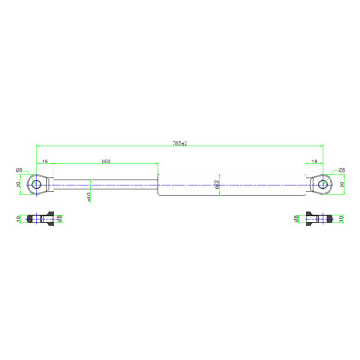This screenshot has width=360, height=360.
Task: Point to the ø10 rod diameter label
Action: point(89,196)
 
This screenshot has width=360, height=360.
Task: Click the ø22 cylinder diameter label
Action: point(217,185)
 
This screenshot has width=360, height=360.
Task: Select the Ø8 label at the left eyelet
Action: point(18,171)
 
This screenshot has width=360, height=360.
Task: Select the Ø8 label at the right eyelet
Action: point(342,171)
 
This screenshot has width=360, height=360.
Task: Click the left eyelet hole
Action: point(37,184)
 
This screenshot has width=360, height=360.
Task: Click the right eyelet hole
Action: point(323,184)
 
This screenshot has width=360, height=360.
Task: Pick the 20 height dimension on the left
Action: point(18,184)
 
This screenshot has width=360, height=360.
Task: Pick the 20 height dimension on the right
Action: point(342,184)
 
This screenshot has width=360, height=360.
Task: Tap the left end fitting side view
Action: point(38,221)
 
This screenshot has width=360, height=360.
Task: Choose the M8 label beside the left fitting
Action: point(59,221)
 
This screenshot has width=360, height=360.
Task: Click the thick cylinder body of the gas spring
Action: point(231,184)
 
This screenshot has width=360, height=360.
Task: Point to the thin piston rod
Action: point(106,184)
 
